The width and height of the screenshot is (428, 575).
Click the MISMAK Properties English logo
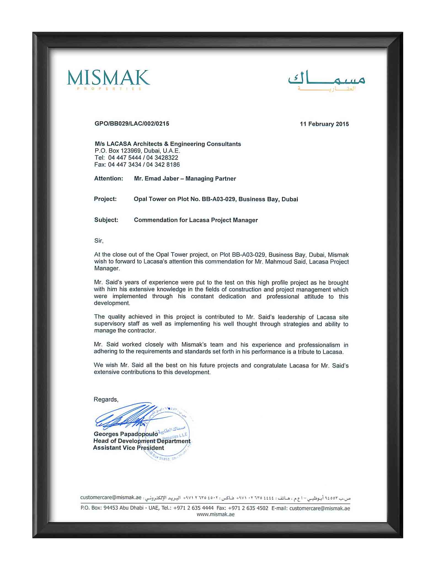click(x=108, y=80)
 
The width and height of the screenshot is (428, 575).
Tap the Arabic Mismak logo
click(x=327, y=81)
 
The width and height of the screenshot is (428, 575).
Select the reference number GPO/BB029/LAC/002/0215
click(x=132, y=123)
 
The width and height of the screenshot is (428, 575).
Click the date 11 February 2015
click(x=324, y=124)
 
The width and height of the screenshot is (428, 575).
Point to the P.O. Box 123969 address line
click(x=137, y=151)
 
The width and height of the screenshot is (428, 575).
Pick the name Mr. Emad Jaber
click(x=156, y=179)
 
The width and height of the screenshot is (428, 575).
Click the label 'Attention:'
click(x=108, y=179)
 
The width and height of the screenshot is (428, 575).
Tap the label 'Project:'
click(x=105, y=199)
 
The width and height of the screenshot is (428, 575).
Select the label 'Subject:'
click(x=106, y=220)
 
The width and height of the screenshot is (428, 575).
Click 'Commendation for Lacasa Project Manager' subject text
click(x=196, y=220)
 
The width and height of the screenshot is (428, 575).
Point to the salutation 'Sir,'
click(x=99, y=241)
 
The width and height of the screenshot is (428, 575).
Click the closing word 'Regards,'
click(x=106, y=399)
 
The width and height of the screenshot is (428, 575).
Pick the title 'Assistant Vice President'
click(x=129, y=448)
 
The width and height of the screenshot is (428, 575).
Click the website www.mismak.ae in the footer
click(x=215, y=514)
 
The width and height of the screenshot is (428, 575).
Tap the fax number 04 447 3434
click(x=125, y=165)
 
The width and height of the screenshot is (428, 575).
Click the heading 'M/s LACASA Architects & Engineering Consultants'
click(x=168, y=144)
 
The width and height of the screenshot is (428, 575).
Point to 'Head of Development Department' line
click(x=142, y=441)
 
